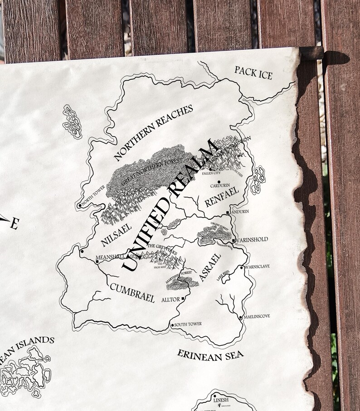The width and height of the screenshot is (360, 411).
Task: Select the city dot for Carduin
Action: (219, 180)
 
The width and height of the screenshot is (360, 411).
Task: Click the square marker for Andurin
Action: (228, 212)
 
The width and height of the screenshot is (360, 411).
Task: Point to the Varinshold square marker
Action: (234, 240)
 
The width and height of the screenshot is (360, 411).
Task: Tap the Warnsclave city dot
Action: (242, 268)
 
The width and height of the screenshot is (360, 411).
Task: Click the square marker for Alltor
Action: (183, 299)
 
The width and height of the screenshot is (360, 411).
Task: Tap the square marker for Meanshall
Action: (97, 261)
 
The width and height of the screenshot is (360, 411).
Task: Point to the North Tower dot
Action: (80, 206)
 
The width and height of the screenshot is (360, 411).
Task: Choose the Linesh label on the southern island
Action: (221, 400)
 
